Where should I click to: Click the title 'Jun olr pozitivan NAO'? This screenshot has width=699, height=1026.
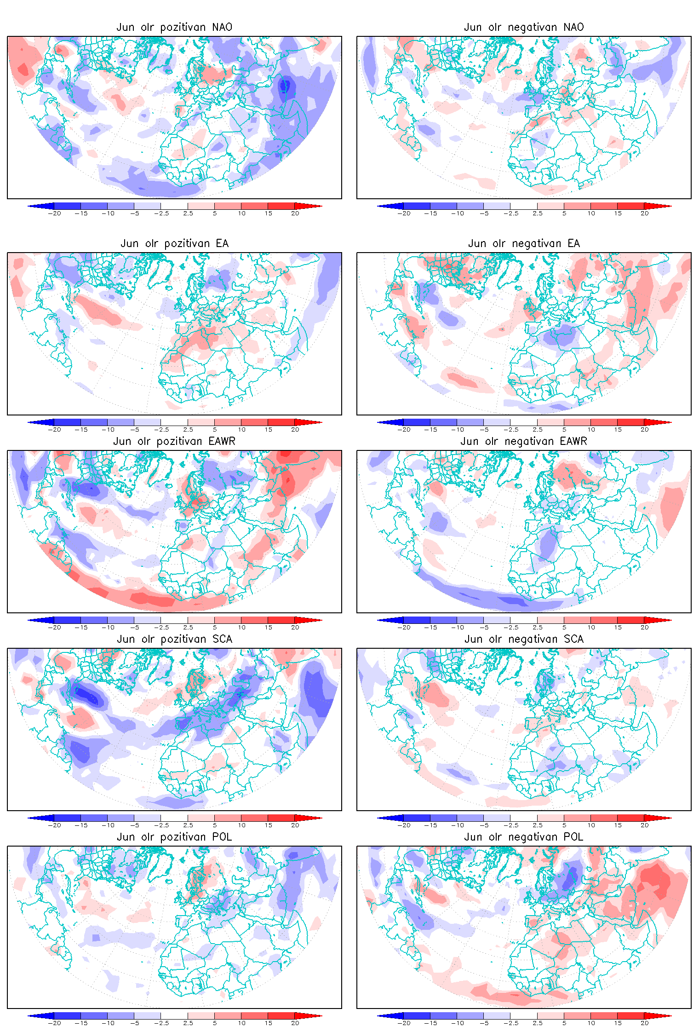pos(174,27)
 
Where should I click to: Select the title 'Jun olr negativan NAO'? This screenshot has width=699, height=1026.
pos(524,27)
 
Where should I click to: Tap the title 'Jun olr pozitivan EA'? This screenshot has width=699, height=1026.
pos(174,243)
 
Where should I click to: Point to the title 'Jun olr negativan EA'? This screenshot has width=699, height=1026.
pos(524,243)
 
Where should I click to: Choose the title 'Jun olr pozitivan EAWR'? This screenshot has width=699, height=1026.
pos(174,441)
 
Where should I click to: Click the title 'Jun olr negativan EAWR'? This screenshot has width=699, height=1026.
pos(524,441)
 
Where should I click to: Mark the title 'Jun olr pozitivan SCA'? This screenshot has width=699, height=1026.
pos(174,639)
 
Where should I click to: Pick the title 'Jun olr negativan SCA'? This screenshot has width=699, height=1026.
pos(524,639)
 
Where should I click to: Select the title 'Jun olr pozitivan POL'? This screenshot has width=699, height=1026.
pos(174,837)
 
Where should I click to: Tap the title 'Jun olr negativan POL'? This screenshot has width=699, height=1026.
pos(524,837)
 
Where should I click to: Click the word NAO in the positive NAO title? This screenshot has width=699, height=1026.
pos(222,27)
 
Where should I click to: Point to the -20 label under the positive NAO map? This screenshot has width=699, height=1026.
pos(54,213)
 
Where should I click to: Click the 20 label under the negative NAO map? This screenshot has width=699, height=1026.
pos(644,213)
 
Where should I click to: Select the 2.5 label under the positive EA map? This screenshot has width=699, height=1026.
pos(188,430)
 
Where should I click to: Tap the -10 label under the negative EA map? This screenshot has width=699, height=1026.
pos(457,430)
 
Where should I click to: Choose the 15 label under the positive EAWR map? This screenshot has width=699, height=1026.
pos(268,628)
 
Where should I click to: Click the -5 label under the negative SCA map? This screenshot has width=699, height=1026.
pos(484,825)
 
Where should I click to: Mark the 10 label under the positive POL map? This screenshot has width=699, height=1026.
pos(241,1023)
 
